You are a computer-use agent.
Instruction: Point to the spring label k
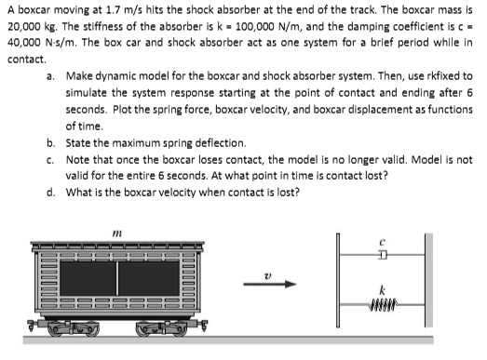[x=383, y=287]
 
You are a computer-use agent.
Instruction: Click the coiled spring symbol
[x=383, y=302]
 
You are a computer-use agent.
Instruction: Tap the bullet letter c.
[x=48, y=160]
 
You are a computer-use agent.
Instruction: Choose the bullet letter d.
[x=48, y=193]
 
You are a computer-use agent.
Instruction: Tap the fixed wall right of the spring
[x=427, y=275]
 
